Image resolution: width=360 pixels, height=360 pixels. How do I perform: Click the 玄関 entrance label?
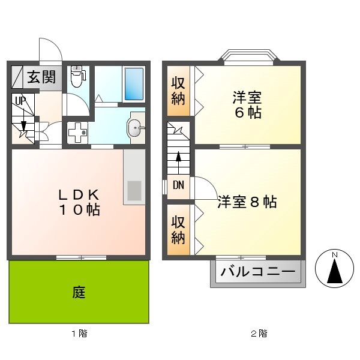41,77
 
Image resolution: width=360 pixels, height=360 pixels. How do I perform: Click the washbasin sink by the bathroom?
135,127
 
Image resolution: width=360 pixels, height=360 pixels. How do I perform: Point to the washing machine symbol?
77,132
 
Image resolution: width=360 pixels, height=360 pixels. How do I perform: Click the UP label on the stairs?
20,101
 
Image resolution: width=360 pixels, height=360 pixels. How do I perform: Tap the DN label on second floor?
178,185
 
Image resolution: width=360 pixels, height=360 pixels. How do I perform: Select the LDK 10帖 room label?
78,203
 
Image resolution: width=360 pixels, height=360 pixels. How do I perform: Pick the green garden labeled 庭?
79,292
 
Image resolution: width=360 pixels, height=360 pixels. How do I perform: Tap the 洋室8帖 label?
247,202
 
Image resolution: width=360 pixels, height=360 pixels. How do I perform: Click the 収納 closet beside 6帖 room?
178,91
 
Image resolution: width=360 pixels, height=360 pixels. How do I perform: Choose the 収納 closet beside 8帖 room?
178,229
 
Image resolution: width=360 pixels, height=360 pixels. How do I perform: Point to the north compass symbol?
334,268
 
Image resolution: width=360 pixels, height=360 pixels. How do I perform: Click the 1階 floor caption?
79,334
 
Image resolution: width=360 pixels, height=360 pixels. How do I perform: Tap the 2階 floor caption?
259,334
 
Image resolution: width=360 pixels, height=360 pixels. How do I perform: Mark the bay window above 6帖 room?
248,57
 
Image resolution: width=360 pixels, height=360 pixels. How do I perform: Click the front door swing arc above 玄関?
50,49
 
